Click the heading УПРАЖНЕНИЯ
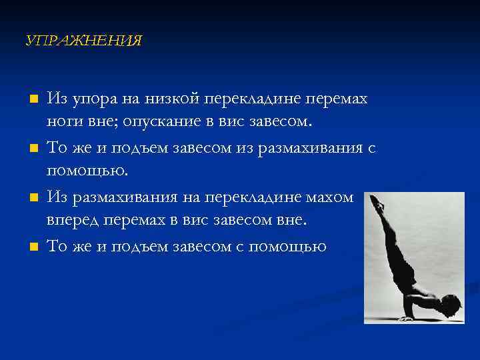[x=83, y=41]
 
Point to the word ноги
[x=63, y=122]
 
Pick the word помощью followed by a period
[x=86, y=172]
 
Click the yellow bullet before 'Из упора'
[x=31, y=99]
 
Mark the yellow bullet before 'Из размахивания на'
[x=31, y=197]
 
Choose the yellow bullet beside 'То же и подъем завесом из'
[x=31, y=148]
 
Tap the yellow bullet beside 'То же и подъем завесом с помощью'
[x=31, y=247]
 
